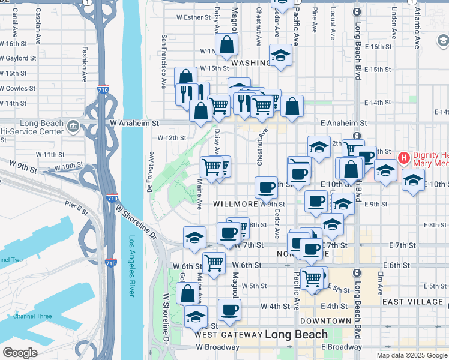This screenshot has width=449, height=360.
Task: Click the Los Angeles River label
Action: tap(132, 265)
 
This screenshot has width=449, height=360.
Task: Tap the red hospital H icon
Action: tap(404, 158)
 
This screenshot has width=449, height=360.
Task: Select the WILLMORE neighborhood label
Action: tap(236, 204)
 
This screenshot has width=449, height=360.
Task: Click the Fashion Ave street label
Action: tap(85, 57)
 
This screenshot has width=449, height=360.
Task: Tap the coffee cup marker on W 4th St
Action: tap(229, 310)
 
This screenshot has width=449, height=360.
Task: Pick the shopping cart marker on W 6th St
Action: tap(214, 262)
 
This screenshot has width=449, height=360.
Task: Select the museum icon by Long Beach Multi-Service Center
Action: tap(73, 126)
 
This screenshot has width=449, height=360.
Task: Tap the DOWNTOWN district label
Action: tap(326, 321)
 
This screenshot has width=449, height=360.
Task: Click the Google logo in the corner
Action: tap(20, 353)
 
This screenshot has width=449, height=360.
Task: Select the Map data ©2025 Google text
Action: tap(411, 355)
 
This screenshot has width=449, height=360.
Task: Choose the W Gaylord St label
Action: tap(19, 58)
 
